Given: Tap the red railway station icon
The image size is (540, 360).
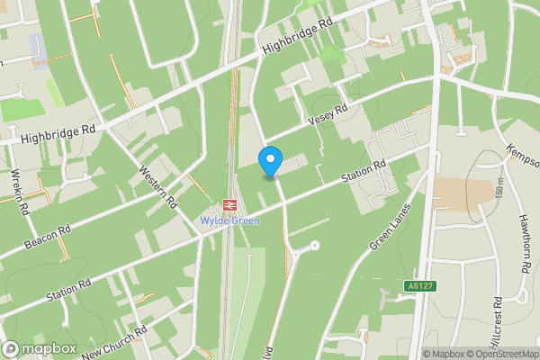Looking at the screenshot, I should tap(229, 206).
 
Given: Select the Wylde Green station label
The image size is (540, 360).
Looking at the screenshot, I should tap(229, 220).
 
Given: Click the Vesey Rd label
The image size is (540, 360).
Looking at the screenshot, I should tap(327, 114).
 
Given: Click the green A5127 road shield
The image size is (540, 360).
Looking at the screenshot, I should tap(416, 285).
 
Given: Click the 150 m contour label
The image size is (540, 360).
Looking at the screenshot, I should tap(499, 191).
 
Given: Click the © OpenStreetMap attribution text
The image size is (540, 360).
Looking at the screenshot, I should tap(501, 354).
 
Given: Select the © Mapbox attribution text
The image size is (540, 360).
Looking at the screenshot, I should tap(443, 354).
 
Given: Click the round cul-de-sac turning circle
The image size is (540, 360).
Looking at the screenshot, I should tap(314, 245).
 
